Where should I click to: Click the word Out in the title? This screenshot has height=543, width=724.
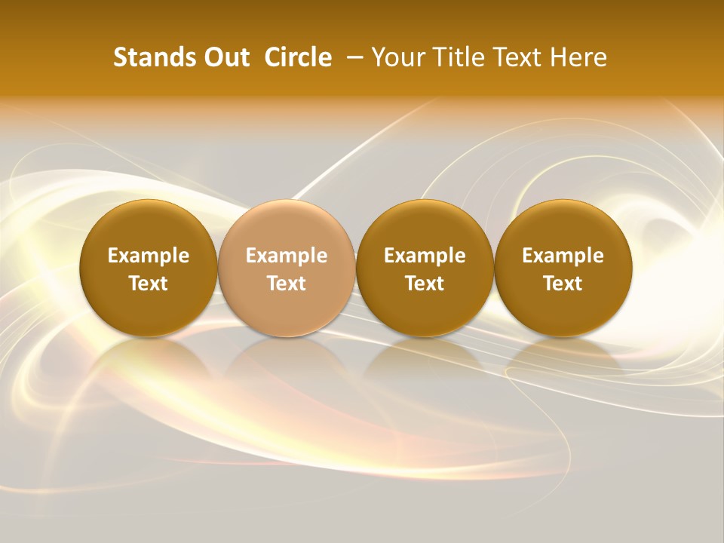[x=225, y=57]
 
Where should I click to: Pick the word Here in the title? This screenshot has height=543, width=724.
[x=578, y=57]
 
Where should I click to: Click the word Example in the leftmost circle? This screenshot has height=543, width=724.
[x=149, y=256]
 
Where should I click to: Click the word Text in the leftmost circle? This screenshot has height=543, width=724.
[x=149, y=284]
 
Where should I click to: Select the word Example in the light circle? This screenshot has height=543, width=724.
[x=287, y=256]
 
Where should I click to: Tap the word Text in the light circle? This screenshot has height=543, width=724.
[x=287, y=284]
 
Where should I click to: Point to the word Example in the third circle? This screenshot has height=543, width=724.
[x=425, y=256]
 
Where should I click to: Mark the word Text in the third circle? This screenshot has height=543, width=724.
[x=425, y=284]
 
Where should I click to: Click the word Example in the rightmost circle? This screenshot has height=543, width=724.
[x=563, y=256]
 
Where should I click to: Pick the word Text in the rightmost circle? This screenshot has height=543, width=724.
[x=563, y=284]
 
